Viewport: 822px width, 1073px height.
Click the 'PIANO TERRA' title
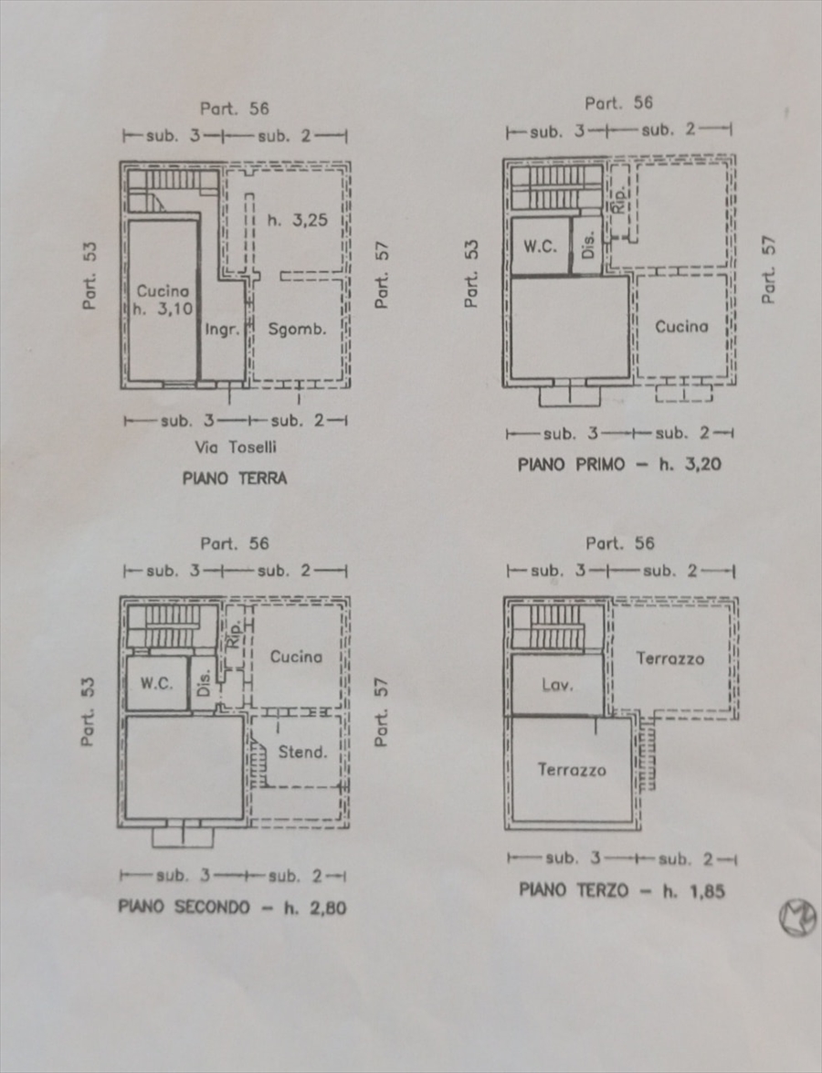coord(235,478)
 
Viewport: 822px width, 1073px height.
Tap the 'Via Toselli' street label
coord(236,447)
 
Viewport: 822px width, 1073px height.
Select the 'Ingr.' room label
coord(223,330)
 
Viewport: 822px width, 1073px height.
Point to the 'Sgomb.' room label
coord(298,330)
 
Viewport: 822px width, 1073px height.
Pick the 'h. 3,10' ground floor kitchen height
coord(163,310)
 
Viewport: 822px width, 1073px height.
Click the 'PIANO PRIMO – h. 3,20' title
coord(619,464)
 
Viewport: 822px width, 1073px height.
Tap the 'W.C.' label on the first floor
coord(541,247)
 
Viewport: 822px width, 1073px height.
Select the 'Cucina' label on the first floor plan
coord(681,326)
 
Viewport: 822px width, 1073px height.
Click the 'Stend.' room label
coord(302,752)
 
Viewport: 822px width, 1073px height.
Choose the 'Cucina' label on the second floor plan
coord(296,657)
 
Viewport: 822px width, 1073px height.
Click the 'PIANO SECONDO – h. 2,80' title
coord(232,908)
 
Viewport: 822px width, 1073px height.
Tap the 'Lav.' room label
coord(556,685)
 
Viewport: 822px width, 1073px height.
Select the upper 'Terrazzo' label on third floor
coord(670,658)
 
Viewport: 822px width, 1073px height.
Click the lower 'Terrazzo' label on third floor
coord(572,770)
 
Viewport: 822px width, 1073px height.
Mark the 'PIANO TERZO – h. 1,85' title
coord(622,890)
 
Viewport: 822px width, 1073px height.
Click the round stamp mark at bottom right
coord(797,918)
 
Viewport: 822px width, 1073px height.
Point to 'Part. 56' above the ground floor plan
coord(235,109)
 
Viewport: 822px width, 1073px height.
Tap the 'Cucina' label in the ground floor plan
coord(163,291)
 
